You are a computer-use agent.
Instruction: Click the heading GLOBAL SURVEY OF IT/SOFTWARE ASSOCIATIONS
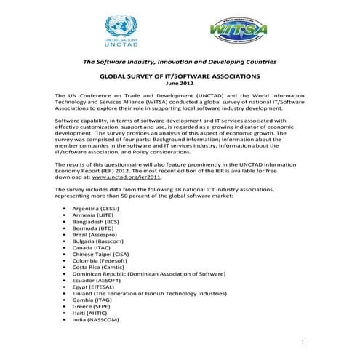(179, 76)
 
